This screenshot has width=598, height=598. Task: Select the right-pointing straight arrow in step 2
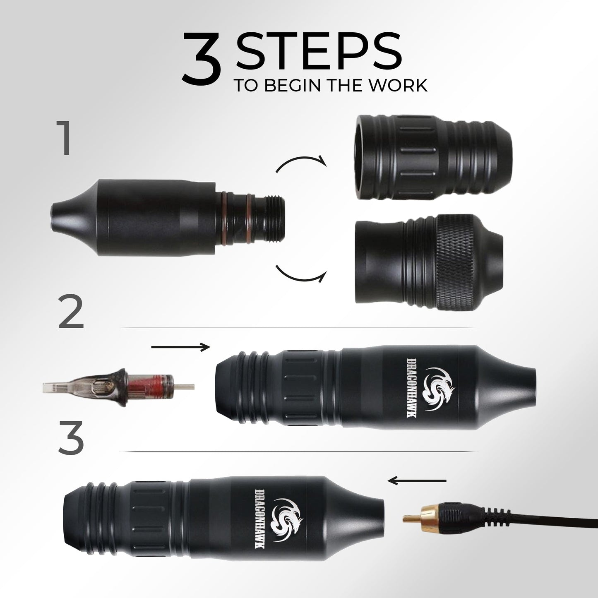tap(180, 347)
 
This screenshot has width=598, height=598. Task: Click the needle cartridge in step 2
tap(118, 388)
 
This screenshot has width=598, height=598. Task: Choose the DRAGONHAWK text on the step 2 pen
tap(412, 388)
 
